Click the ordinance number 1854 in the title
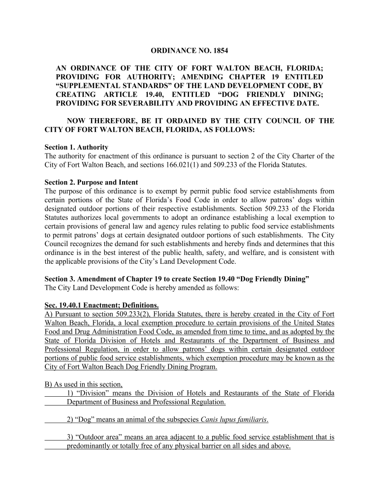pos(221,50)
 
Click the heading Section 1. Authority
pos(76,147)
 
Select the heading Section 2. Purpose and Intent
pos(91,182)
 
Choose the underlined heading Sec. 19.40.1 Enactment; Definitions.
pos(101,305)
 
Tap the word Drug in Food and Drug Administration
pos(85,332)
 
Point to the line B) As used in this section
pos(84,384)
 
